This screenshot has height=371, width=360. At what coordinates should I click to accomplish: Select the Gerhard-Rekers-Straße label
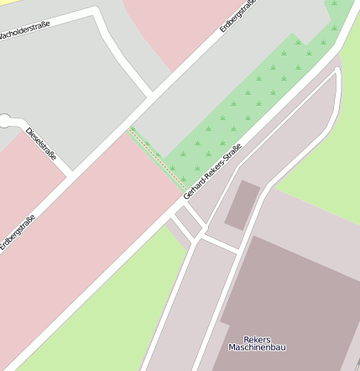click(214, 171)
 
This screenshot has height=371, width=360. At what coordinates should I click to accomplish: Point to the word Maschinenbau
click(256, 347)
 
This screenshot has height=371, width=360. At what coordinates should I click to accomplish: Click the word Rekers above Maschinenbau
click(257, 338)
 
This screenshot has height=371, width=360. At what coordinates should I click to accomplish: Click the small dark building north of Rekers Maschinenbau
click(242, 204)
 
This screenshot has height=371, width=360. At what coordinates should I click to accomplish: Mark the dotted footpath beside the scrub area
click(155, 157)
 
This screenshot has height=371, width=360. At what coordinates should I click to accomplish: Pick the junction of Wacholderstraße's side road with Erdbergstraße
click(151, 96)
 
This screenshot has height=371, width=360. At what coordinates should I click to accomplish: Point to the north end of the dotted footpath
click(130, 128)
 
